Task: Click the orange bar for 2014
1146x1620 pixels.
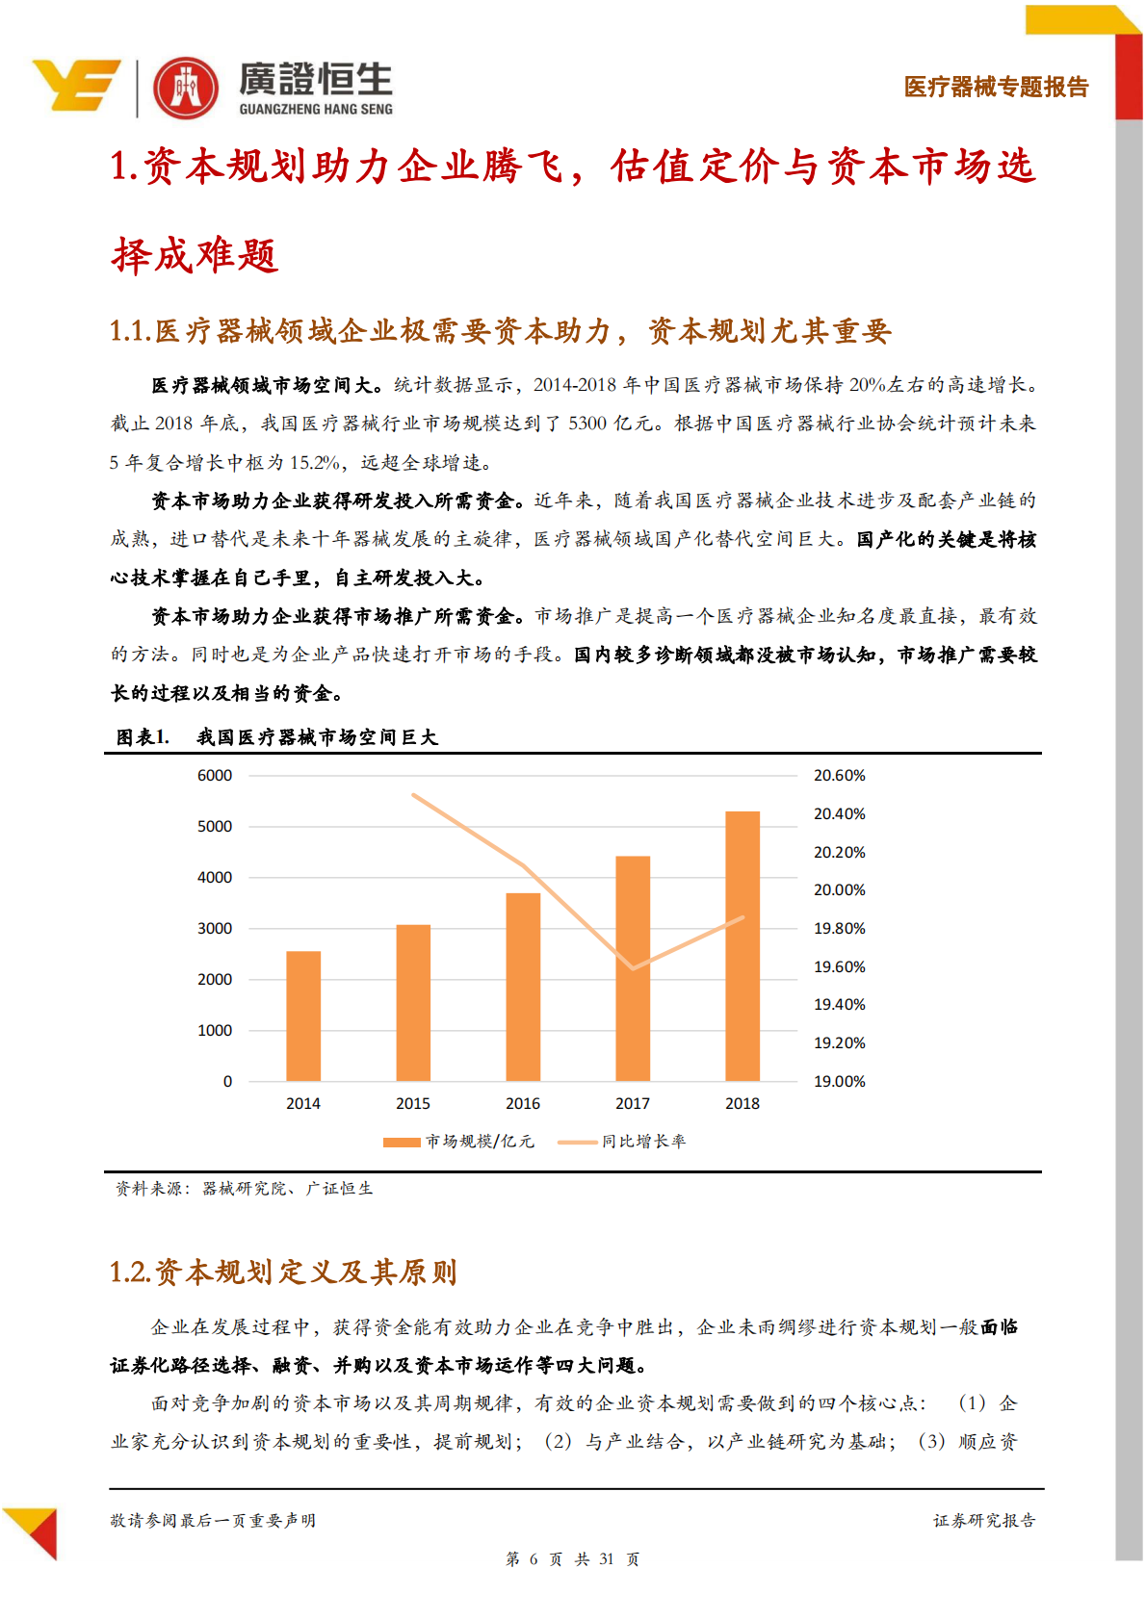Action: pos(303,1016)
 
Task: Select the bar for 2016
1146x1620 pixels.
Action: pos(523,987)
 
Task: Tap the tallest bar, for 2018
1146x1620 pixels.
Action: pos(742,945)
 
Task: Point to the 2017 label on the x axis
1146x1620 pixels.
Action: pos(633,1103)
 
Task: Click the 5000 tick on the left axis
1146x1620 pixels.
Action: pos(215,826)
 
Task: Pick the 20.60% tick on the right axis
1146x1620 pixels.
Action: pos(839,775)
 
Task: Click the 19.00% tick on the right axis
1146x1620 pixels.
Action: pos(839,1081)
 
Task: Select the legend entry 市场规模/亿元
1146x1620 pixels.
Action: pos(458,1142)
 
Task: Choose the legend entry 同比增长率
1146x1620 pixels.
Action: pos(622,1142)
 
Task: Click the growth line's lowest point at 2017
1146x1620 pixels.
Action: pos(633,968)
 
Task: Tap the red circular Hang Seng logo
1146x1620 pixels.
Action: pos(187,89)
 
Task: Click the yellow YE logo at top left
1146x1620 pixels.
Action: pos(77,85)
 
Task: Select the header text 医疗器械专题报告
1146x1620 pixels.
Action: pos(996,87)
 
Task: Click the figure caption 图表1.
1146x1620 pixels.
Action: pos(143,737)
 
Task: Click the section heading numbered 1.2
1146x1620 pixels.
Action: pos(283,1273)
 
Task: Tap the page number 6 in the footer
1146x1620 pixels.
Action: pos(534,1559)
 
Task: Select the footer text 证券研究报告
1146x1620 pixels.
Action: pos(983,1521)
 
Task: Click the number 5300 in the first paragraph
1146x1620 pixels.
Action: pos(586,424)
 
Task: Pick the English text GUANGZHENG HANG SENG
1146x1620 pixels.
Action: pos(316,110)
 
